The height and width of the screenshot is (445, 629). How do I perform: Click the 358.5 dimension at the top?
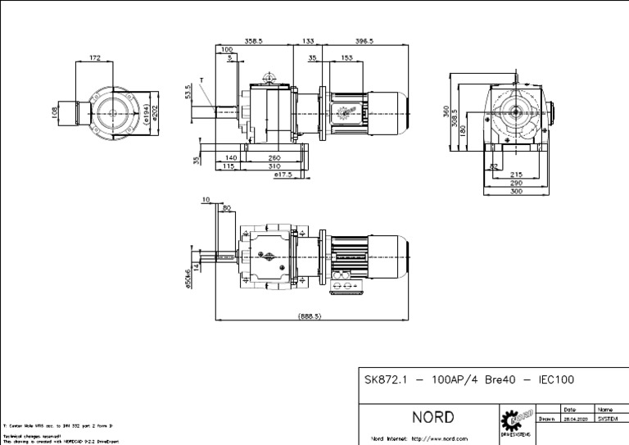tap(256, 40)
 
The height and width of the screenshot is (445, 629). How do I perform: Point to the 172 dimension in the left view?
tap(95, 58)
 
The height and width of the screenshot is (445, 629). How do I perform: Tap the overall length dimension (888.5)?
tap(309, 316)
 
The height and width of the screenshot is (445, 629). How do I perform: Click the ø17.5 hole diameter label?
tap(283, 175)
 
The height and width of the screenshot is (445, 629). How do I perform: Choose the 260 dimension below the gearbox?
tap(273, 157)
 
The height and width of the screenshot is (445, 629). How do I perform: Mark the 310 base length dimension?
tap(273, 166)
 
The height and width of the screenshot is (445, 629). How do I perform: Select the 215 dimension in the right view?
tap(517, 174)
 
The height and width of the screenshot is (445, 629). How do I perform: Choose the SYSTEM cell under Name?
tap(607, 418)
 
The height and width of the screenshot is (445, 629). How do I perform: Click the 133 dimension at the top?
tap(308, 40)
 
